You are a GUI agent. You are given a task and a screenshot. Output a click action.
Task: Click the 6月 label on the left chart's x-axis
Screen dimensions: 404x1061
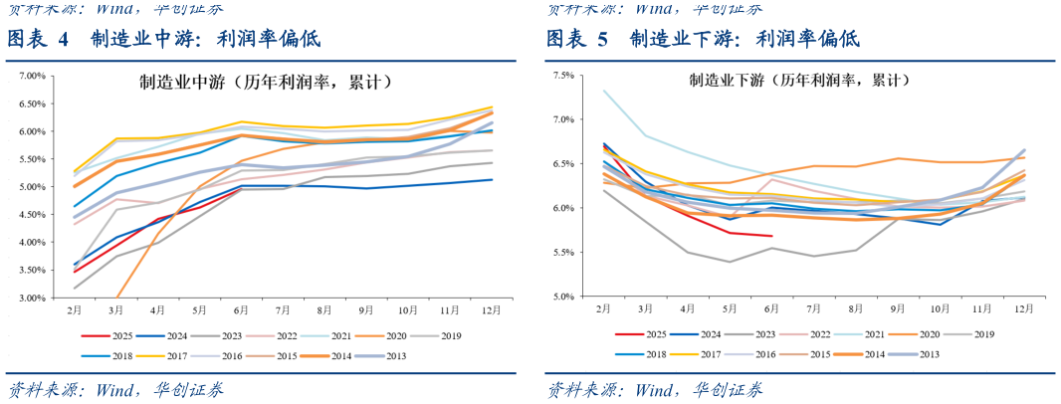click(x=242, y=310)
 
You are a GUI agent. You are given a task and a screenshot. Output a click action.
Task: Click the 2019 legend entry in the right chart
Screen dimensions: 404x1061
click(x=973, y=335)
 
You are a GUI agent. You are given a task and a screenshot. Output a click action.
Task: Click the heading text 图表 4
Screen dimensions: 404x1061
click(x=38, y=40)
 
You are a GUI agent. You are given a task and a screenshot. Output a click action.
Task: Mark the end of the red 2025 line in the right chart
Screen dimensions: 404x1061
click(x=772, y=236)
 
